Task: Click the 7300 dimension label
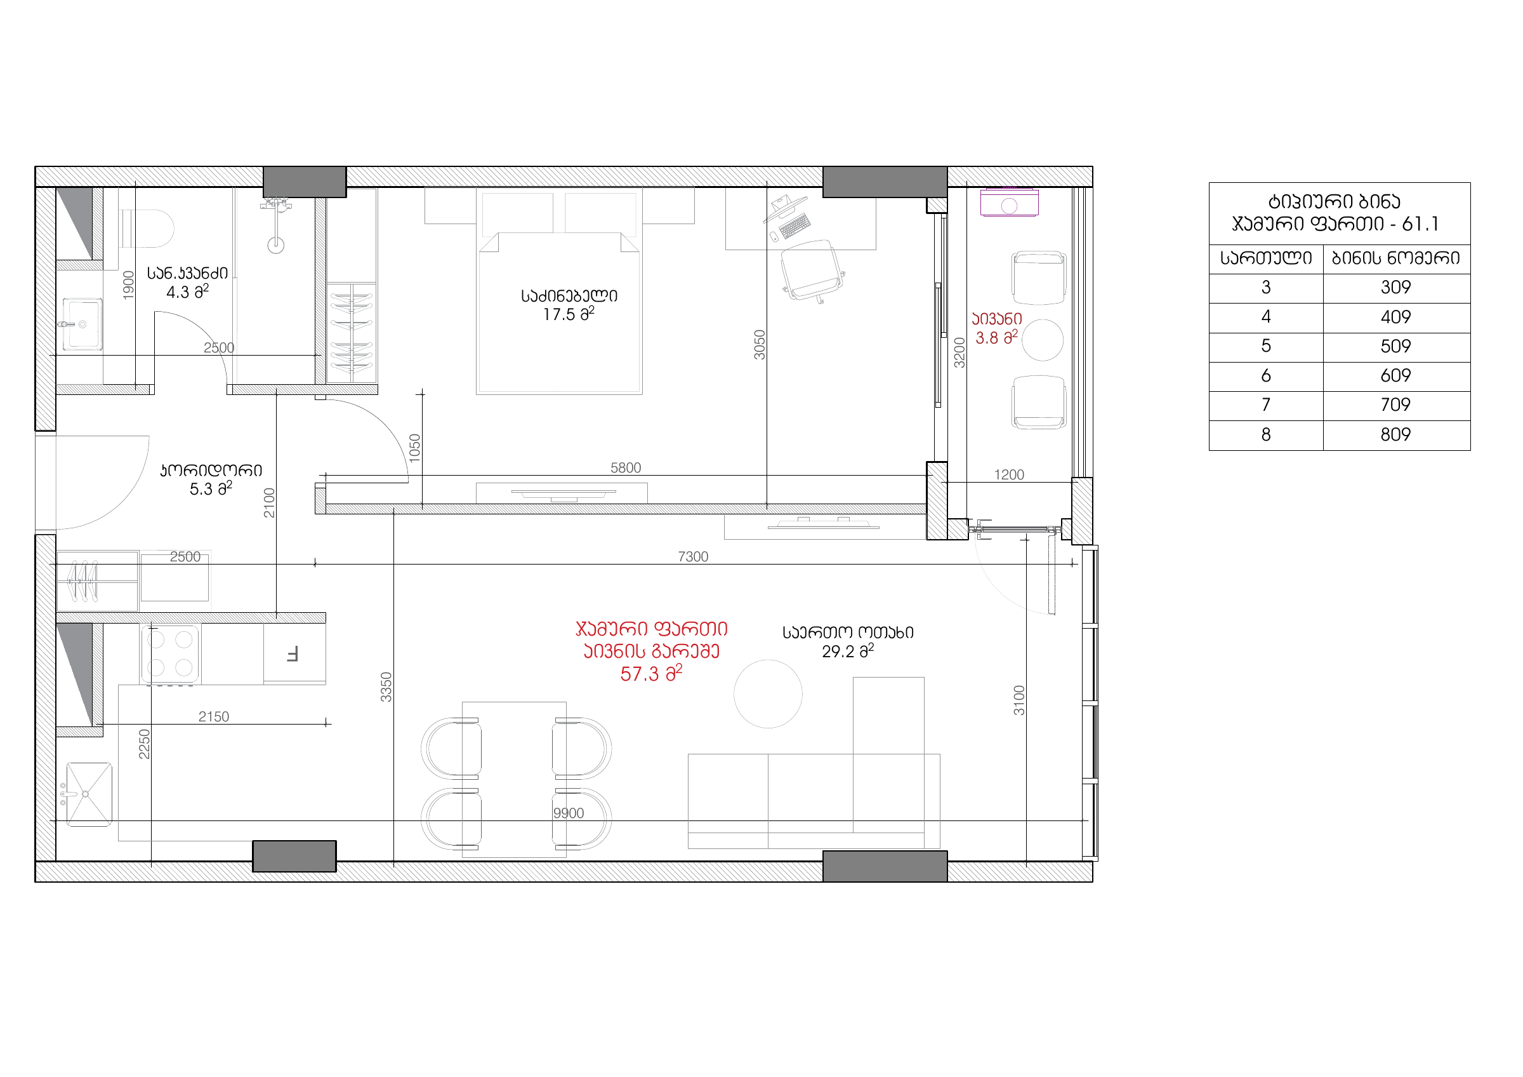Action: tap(693, 557)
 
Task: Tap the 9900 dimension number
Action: tap(569, 813)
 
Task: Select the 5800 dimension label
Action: tap(626, 468)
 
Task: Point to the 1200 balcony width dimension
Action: tap(1009, 474)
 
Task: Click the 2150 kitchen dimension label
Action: tap(214, 717)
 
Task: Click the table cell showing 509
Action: tap(1395, 346)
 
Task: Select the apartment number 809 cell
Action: tap(1395, 434)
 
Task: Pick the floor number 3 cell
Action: tap(1265, 287)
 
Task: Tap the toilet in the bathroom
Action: tap(147, 228)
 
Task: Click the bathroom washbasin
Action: tap(82, 324)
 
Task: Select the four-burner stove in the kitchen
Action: tap(170, 653)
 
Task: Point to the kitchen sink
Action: tap(89, 794)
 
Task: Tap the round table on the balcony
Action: tap(1042, 340)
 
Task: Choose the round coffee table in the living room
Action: tap(768, 694)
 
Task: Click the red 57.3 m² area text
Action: tap(650, 674)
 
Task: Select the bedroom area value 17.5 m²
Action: tap(569, 314)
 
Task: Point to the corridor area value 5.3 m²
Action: tap(211, 488)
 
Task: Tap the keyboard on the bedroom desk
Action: tap(794, 225)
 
